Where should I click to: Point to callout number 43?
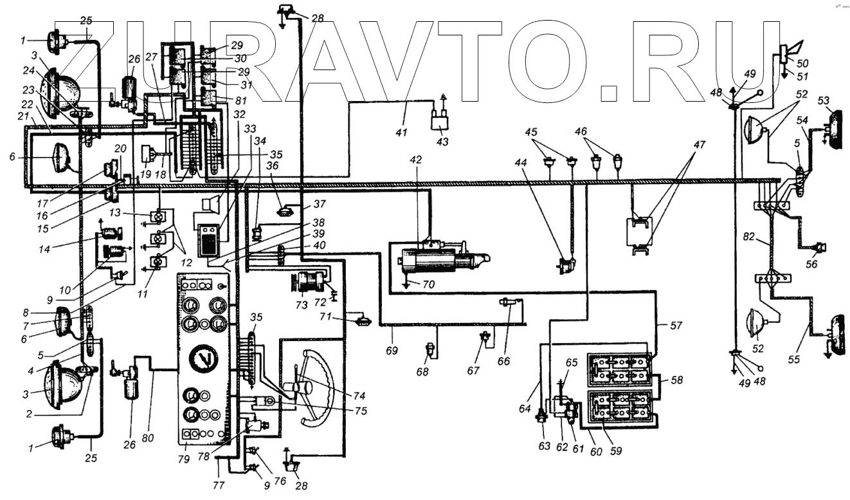pyautogui.click(x=444, y=142)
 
